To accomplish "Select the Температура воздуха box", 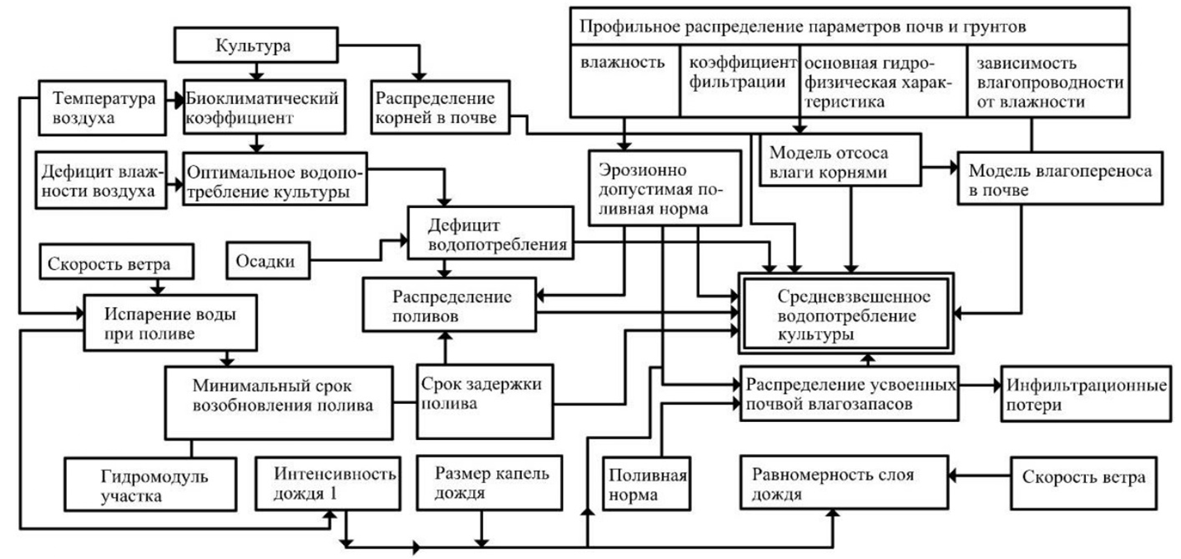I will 104,109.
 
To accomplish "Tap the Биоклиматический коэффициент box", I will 263,109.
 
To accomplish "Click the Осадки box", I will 262,262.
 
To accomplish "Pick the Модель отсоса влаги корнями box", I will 838,162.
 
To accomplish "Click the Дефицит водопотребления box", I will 490,234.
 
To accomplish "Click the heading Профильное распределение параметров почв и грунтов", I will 850,26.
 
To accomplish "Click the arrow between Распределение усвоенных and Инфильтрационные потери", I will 979,386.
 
